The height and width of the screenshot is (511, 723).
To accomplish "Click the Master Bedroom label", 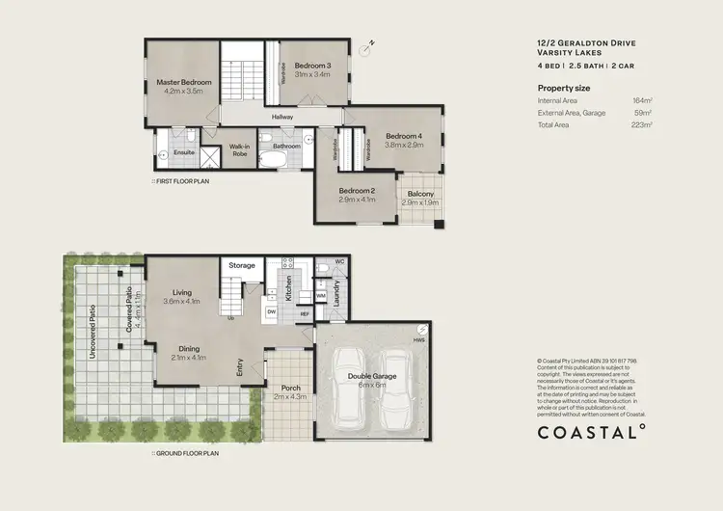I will tap(184, 83).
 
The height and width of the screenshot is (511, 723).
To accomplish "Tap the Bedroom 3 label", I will tap(312, 66).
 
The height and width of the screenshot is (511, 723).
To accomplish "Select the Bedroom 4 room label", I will tap(405, 136).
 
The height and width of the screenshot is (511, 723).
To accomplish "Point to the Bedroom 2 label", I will tap(357, 191).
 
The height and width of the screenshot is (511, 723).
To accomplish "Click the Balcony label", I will tap(419, 194).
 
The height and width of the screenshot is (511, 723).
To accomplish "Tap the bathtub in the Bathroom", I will tap(286, 159).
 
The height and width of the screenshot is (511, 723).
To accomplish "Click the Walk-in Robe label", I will tap(240, 150).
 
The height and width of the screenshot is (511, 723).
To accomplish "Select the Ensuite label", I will tap(184, 151).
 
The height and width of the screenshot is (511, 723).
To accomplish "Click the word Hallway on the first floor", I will tap(282, 117).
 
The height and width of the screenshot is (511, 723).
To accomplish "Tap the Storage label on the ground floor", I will tap(242, 265).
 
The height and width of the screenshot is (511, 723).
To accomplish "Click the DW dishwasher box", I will tap(272, 312).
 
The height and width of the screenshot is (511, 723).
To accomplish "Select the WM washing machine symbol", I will tap(321, 296).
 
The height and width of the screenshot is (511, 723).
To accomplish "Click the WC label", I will tap(337, 261).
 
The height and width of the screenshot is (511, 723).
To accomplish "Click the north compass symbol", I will tap(364, 47).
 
